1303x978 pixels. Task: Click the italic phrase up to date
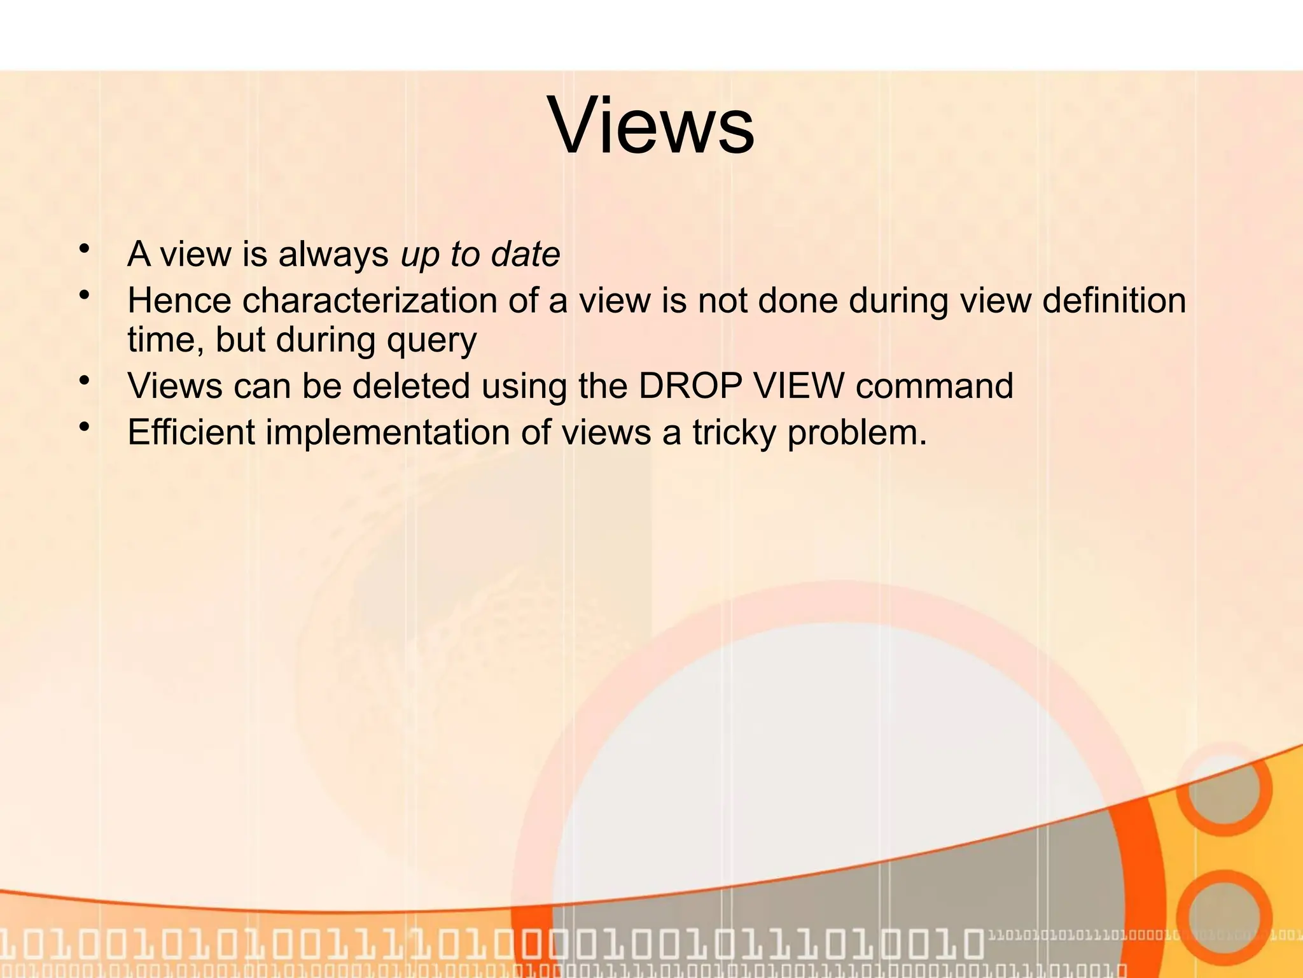pyautogui.click(x=480, y=254)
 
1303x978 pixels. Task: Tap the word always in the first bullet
pyautogui.click(x=333, y=255)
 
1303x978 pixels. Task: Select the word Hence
pyautogui.click(x=179, y=300)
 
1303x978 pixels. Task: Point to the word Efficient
pyautogui.click(x=191, y=432)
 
